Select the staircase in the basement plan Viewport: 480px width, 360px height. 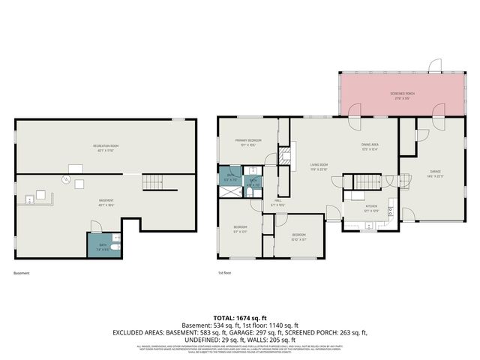154,181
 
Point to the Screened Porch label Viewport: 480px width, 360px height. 402,94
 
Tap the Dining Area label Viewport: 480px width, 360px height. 370,146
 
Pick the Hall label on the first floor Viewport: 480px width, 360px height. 277,202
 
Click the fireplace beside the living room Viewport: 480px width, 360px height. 283,157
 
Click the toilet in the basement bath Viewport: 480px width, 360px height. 116,247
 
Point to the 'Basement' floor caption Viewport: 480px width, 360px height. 22,273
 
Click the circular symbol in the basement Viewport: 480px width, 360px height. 66,179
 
